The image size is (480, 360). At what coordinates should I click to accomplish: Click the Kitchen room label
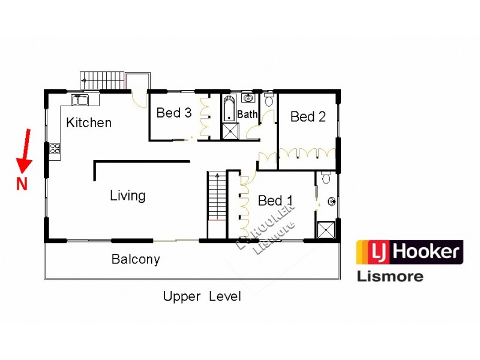[89, 123]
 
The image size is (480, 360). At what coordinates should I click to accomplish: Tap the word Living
[127, 196]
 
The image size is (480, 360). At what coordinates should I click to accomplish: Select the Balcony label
[136, 260]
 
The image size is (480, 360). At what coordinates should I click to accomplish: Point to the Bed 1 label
[275, 200]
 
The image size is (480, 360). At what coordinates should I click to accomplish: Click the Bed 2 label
[308, 116]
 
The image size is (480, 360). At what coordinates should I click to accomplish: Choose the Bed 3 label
[174, 113]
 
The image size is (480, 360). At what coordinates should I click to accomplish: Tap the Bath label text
[247, 114]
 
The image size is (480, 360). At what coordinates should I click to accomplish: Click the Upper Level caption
[202, 296]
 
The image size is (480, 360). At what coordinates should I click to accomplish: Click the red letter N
[22, 184]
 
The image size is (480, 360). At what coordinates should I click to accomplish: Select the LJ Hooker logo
[410, 253]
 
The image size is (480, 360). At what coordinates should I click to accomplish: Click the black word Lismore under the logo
[390, 277]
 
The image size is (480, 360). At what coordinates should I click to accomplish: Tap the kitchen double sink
[80, 100]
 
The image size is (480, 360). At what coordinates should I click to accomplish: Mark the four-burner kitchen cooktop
[55, 149]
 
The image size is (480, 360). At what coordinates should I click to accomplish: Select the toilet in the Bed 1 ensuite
[326, 178]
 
